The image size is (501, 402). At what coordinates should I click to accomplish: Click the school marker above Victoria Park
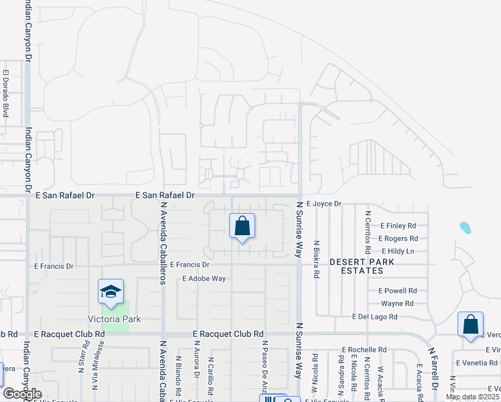[x=111, y=291]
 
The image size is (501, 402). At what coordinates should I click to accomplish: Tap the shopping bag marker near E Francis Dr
[x=242, y=226]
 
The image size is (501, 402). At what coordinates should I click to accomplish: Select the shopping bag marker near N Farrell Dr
[x=470, y=324]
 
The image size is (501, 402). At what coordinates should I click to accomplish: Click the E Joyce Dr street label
[x=324, y=203]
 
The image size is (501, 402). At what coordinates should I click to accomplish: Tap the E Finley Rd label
[x=398, y=226]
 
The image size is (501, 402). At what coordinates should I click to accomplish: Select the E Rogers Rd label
[x=398, y=239]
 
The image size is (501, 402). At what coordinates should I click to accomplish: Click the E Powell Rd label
[x=397, y=291]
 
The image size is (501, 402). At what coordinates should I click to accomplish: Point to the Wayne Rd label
[x=397, y=304]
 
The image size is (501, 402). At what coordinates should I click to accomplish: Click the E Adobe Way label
[x=204, y=278]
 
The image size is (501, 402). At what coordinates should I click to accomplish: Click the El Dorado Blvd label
[x=5, y=94]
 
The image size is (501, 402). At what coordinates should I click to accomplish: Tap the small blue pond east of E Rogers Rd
[x=466, y=228]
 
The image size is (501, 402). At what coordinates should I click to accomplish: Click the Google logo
[x=22, y=394]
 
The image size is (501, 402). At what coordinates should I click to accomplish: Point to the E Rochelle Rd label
[x=364, y=350]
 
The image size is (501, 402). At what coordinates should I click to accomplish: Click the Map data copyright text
[x=472, y=397]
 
